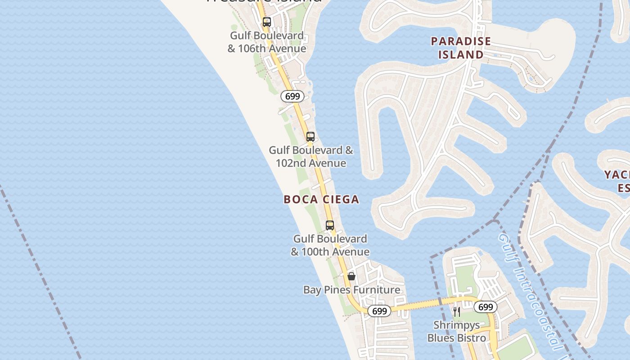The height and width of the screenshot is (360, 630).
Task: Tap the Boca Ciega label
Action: tap(321, 199)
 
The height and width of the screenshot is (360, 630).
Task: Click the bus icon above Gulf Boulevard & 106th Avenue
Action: tap(267, 22)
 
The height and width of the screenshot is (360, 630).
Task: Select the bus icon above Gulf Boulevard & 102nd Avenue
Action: tap(310, 137)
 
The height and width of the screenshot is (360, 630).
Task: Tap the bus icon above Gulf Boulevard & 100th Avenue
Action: tap(330, 225)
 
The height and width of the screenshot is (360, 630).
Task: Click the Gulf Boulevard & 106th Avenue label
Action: tap(267, 42)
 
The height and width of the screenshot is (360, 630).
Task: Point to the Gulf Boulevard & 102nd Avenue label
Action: tap(311, 157)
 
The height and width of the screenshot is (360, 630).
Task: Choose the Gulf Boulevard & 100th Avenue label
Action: tap(330, 245)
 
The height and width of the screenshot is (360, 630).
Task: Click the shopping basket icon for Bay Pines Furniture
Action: tap(351, 276)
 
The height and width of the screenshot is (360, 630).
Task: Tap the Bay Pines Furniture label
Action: tap(351, 290)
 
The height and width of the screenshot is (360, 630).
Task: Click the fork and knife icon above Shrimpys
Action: tap(457, 311)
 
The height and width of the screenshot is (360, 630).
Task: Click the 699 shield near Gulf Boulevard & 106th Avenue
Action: tap(292, 96)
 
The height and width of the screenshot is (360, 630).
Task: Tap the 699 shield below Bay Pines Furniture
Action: tap(379, 311)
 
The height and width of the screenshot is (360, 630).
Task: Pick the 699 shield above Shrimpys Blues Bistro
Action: tap(486, 307)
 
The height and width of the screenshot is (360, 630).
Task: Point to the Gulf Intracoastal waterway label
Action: tap(531, 292)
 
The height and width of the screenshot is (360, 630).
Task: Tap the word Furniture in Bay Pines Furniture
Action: tap(374, 290)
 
